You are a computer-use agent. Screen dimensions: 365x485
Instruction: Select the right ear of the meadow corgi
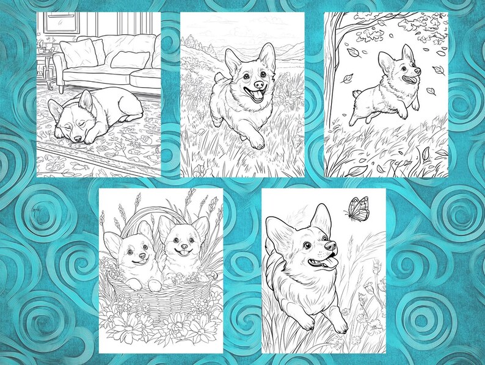267,55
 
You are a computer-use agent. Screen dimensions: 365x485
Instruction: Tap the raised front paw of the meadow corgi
257,142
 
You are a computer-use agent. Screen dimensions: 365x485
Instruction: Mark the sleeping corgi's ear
85,99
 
